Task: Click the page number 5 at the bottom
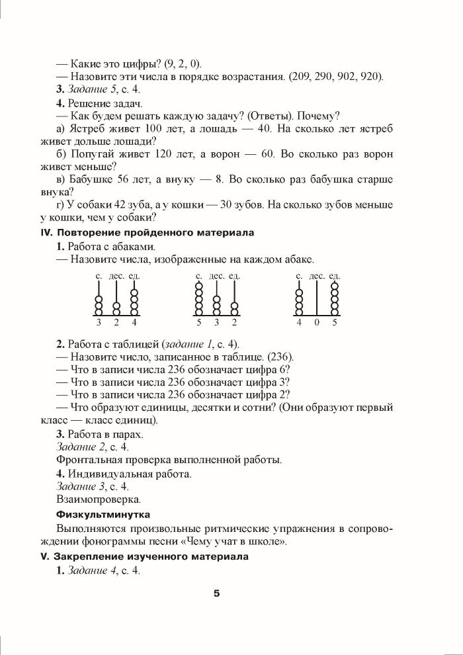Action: (216, 592)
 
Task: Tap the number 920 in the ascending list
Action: (371, 76)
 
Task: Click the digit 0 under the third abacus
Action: (317, 323)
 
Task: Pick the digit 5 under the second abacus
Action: (198, 323)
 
